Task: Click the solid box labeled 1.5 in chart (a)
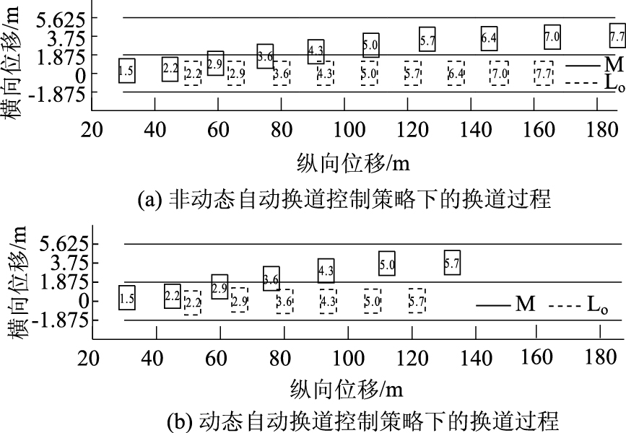(126, 71)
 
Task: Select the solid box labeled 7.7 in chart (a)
(617, 35)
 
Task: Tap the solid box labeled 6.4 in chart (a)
(489, 38)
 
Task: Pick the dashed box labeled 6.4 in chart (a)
(456, 73)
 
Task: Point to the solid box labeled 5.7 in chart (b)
(452, 264)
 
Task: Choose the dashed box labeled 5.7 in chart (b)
(417, 300)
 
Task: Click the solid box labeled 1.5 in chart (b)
(126, 297)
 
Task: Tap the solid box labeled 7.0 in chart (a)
(552, 36)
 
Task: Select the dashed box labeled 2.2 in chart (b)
(192, 302)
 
